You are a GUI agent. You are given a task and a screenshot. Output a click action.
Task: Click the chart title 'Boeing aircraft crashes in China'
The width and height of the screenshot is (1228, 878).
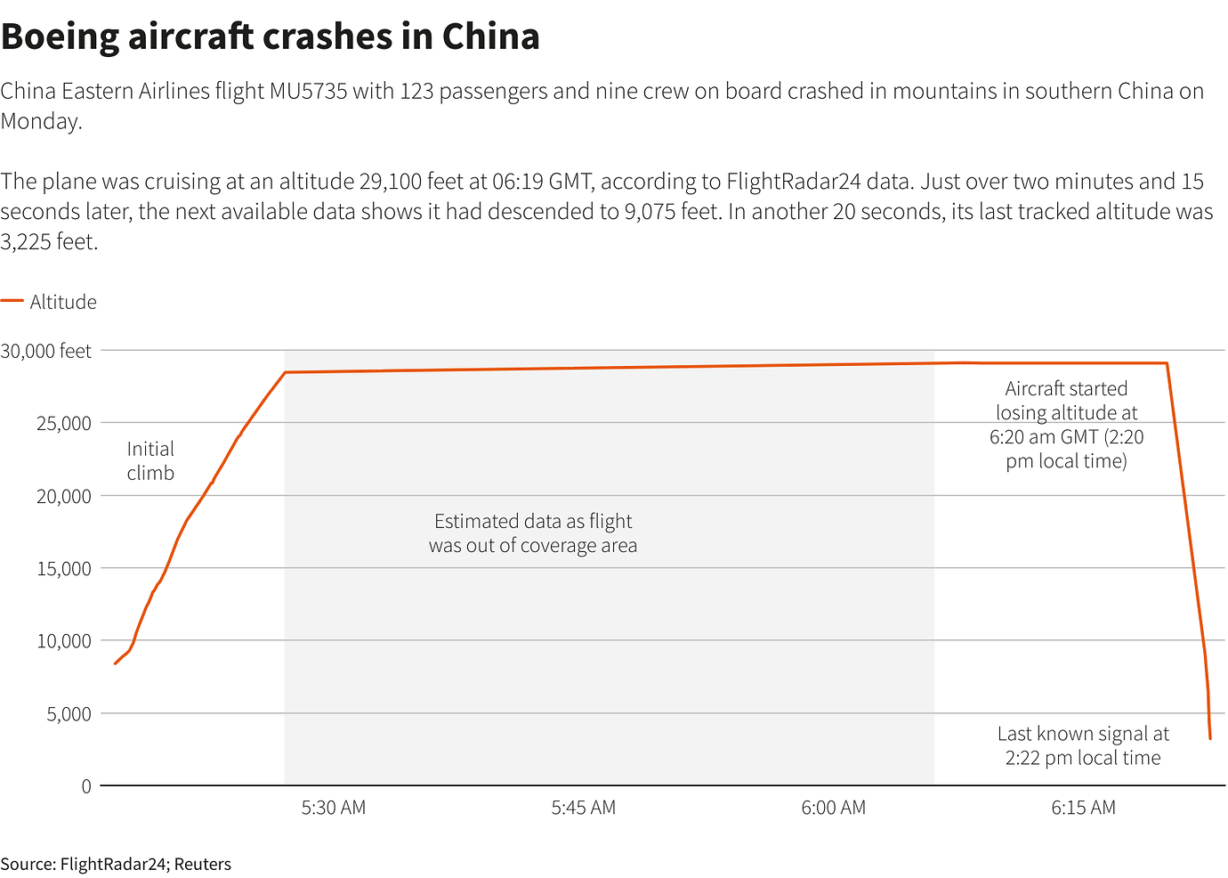pos(271,37)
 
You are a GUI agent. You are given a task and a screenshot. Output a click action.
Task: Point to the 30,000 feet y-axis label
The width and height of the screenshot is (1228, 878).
pos(46,351)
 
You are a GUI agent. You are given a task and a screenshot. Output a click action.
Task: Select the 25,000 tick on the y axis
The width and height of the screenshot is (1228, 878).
pos(64,424)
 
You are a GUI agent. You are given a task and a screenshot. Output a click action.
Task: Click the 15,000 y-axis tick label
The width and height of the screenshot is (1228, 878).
pos(64,569)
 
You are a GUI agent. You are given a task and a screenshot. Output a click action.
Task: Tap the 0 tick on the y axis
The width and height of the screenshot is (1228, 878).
pos(86,786)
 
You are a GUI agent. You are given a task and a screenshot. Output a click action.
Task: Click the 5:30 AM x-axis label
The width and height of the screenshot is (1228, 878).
pos(334,808)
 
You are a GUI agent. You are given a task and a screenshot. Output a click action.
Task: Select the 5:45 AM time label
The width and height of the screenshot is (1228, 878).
pos(584,808)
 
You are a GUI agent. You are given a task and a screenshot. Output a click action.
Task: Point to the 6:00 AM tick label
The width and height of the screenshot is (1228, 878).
pos(833,808)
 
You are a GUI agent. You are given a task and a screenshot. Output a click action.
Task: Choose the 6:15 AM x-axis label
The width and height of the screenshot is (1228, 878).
pos(1083,808)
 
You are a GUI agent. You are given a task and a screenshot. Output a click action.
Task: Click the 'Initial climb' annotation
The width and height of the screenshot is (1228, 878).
pos(150,461)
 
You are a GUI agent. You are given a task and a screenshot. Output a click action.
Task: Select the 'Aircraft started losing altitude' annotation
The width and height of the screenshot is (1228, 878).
pos(1066,425)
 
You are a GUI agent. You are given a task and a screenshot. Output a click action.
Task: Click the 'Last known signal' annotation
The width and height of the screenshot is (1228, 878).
pos(1083,746)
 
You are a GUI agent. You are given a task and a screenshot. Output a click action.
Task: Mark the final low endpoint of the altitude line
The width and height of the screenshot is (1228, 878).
pos(1210,738)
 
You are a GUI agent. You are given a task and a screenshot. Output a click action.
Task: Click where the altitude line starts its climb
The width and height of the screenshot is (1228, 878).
pos(116,663)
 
